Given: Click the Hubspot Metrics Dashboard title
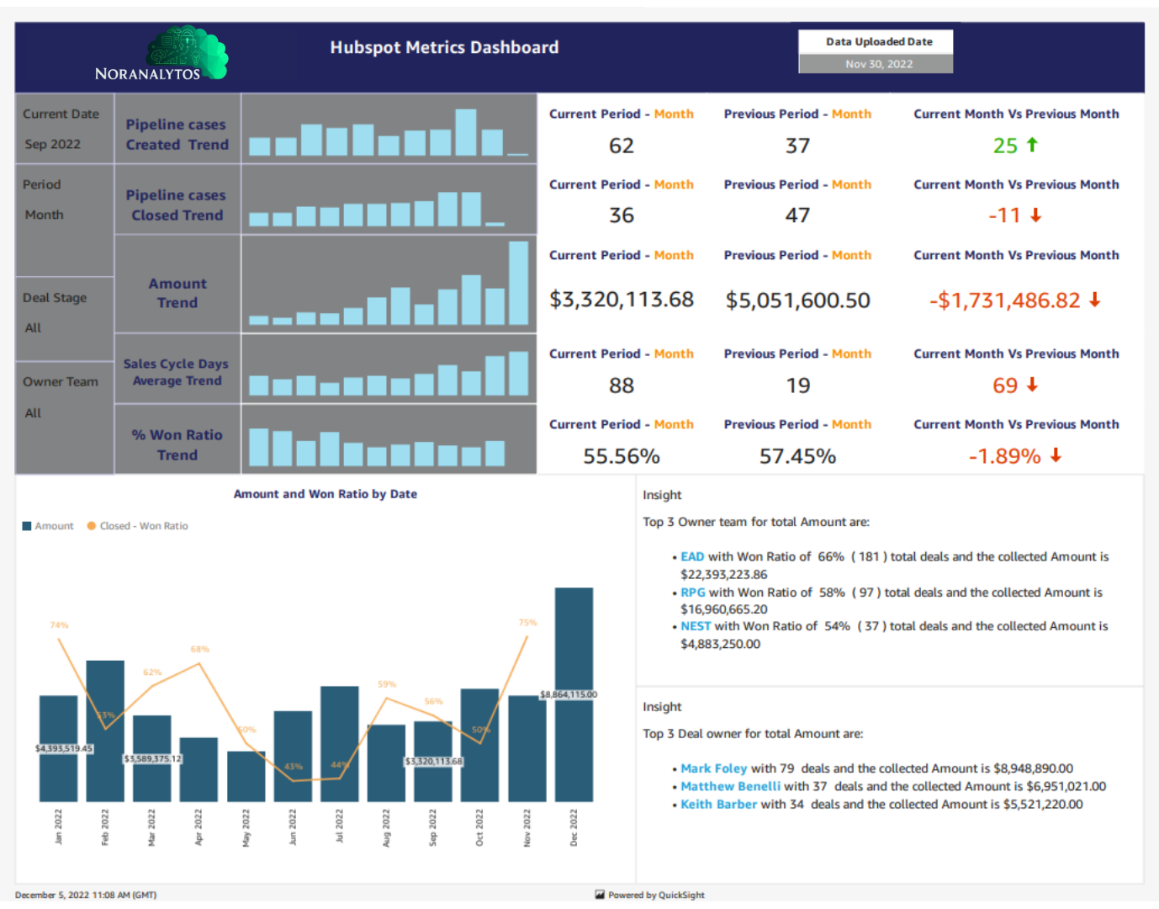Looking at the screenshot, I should click(x=444, y=47).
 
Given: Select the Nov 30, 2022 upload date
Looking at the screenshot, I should click(x=878, y=64).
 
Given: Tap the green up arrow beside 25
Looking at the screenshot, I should click(x=1032, y=145).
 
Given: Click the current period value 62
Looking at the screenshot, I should click(x=621, y=146).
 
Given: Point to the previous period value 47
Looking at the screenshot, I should click(x=796, y=215).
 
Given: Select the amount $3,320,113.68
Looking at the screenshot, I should click(x=621, y=300).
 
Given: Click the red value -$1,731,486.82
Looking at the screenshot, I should click(x=1004, y=300).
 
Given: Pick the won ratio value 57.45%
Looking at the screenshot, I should click(x=796, y=456).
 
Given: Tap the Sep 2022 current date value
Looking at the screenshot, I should click(x=53, y=144).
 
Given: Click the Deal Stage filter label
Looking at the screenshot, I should click(x=55, y=297).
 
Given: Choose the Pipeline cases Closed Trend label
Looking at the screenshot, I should click(x=177, y=205).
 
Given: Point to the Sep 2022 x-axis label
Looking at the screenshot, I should click(x=433, y=827).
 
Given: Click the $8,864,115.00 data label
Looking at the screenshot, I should click(x=569, y=694).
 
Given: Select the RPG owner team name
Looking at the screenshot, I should click(x=693, y=593).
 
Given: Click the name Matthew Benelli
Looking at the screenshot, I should click(x=730, y=786).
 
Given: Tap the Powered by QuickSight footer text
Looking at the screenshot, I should click(x=656, y=895).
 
